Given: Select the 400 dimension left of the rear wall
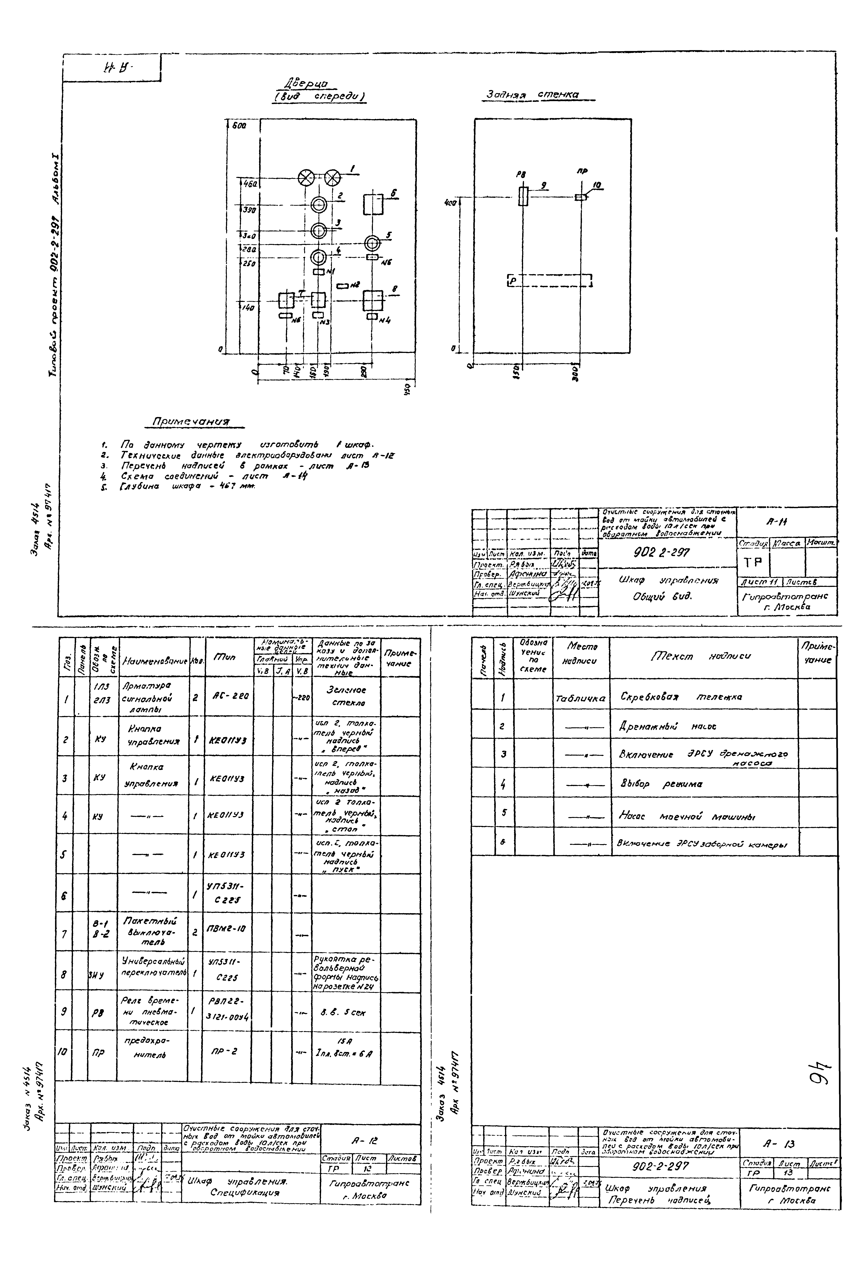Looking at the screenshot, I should (450, 202).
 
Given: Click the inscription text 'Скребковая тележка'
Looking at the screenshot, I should (681, 697).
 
